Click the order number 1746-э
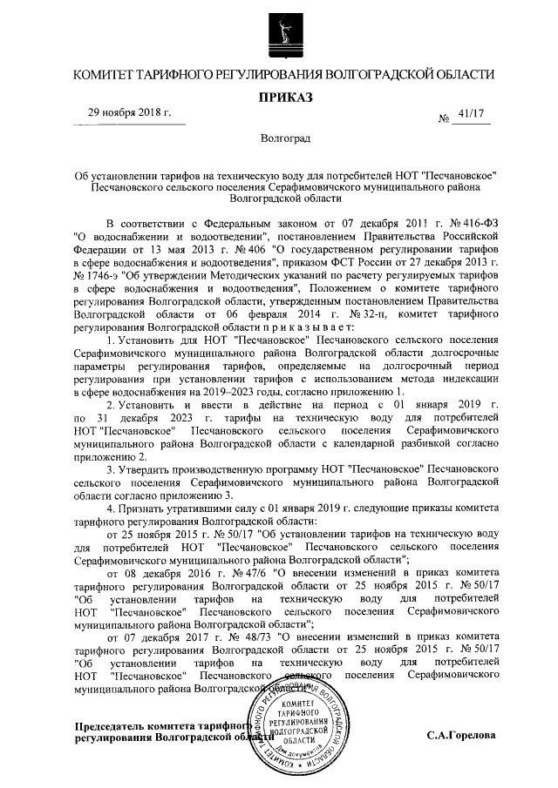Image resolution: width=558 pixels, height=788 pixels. coord(89,272)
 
